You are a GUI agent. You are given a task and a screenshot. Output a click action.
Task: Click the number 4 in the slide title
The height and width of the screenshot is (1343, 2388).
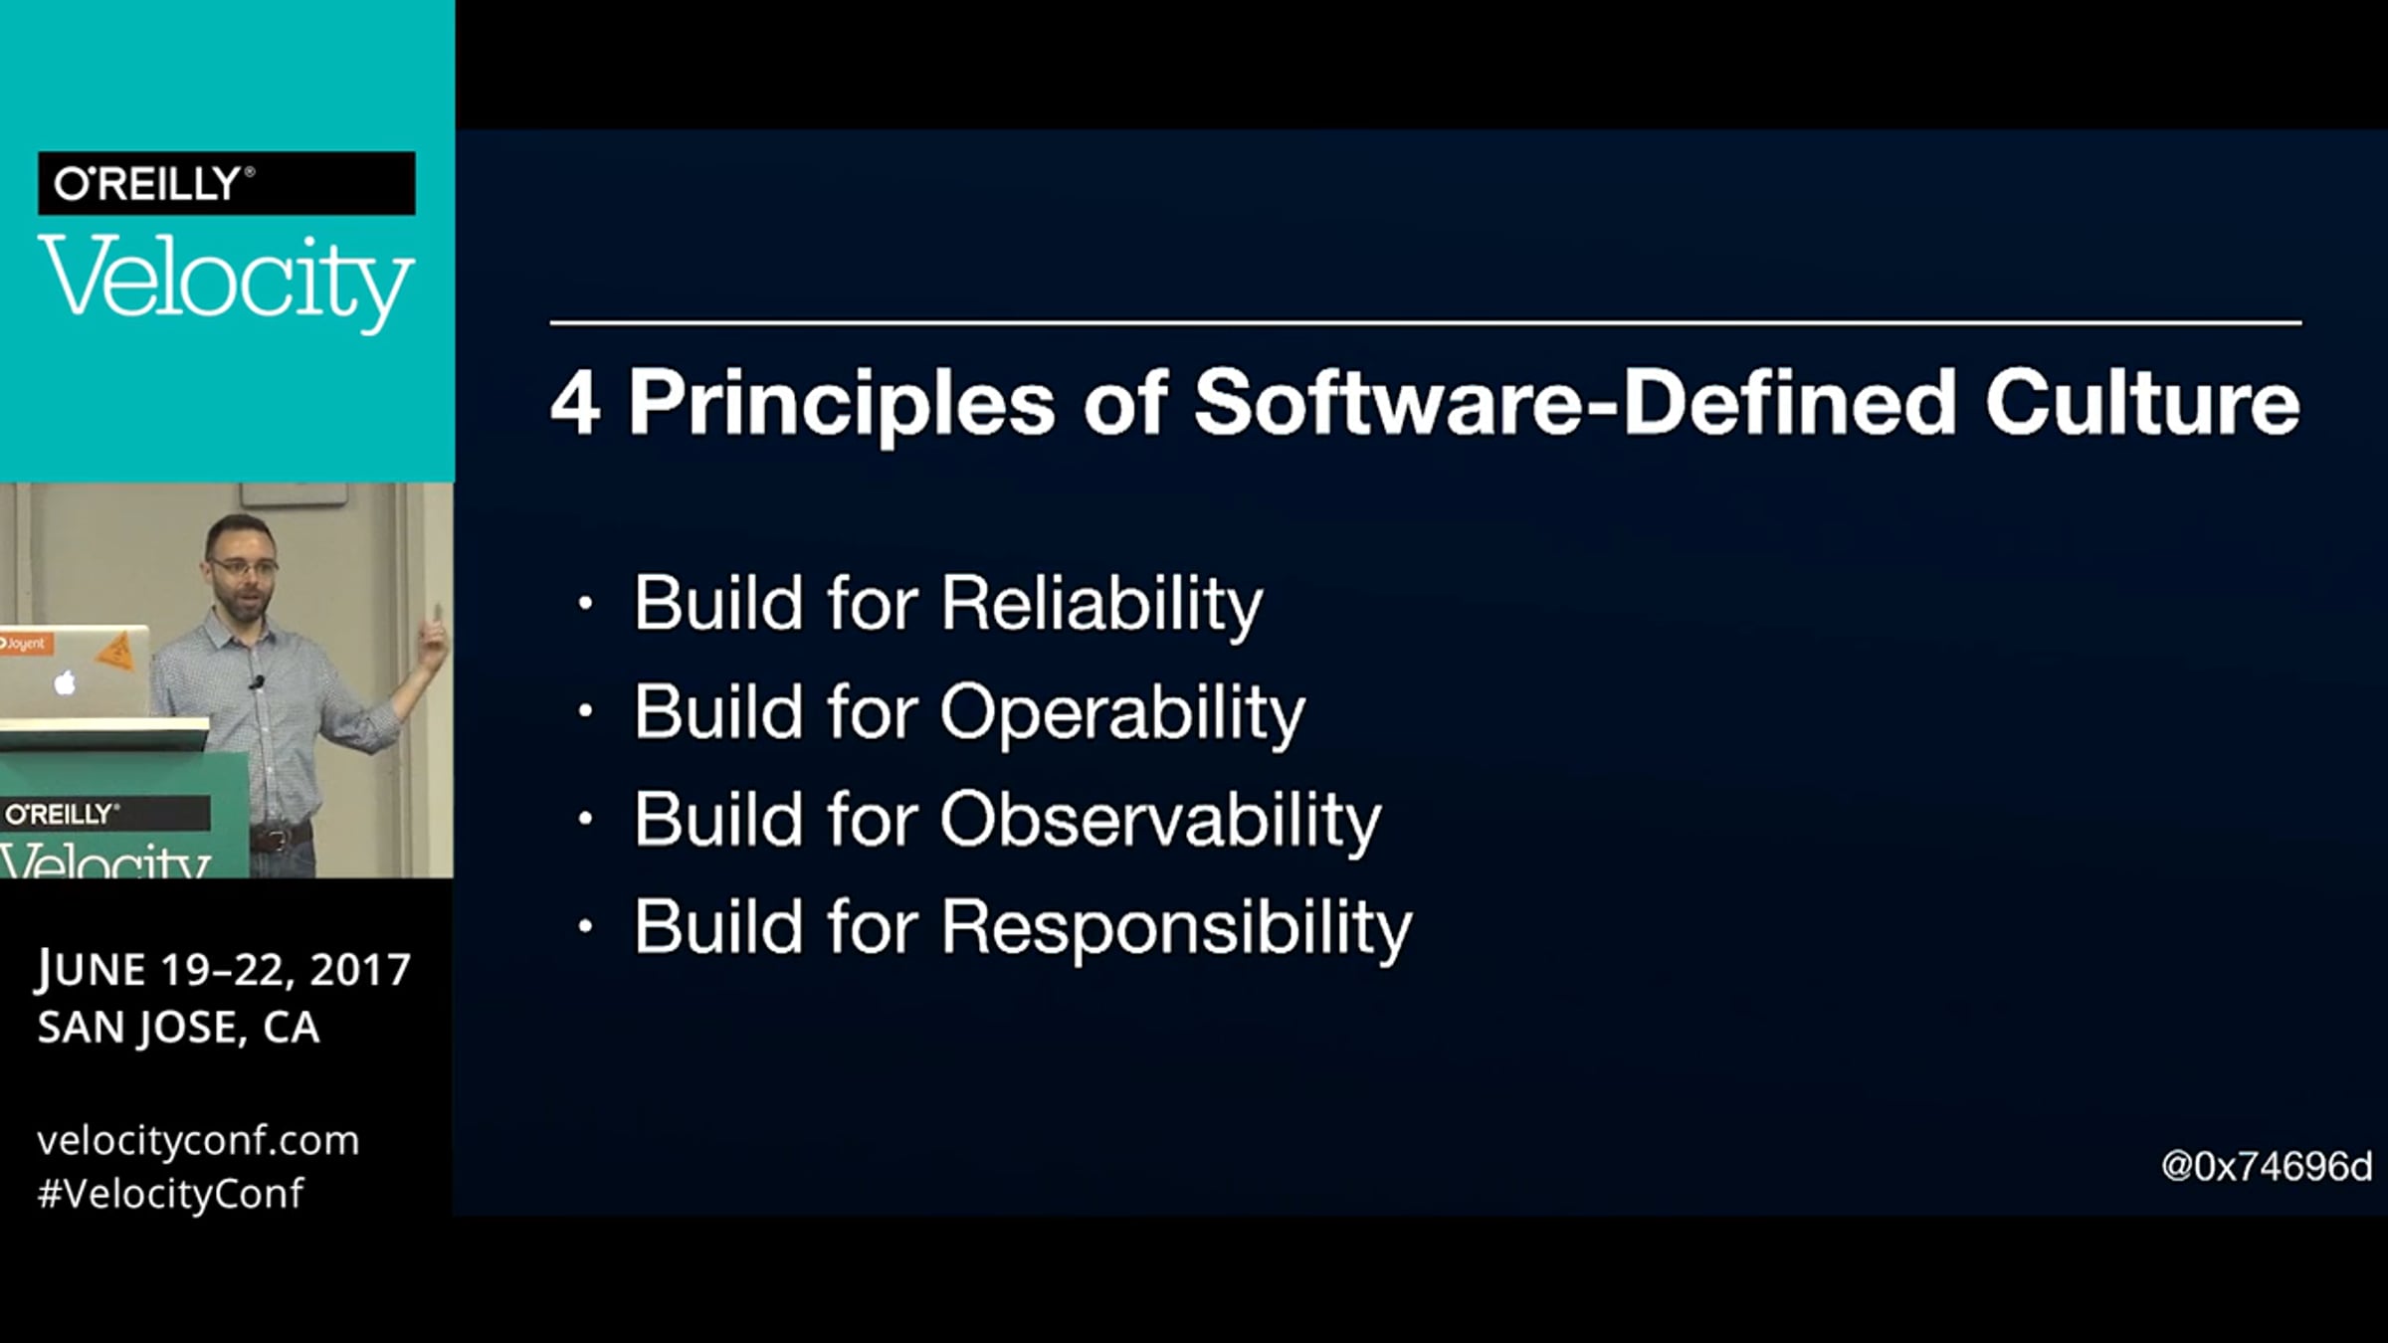click(x=575, y=404)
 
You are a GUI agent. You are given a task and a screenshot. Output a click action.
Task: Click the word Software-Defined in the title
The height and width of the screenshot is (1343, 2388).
click(x=1575, y=403)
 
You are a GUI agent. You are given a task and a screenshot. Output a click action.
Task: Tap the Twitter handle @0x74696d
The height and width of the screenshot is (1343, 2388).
click(x=2267, y=1166)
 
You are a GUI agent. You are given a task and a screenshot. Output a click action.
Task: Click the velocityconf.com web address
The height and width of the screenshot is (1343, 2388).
click(x=198, y=1140)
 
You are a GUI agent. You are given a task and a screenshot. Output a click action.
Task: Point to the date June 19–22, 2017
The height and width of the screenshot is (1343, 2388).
click(x=224, y=970)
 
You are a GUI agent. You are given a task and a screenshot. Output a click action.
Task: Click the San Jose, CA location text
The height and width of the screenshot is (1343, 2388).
click(x=179, y=1028)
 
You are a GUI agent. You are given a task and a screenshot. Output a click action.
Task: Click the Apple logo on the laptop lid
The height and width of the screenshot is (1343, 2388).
click(x=66, y=682)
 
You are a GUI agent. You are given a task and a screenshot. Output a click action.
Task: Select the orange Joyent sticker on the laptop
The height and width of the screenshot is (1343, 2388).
click(x=24, y=644)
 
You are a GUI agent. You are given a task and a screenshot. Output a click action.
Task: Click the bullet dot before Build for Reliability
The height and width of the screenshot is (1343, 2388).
click(x=586, y=603)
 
